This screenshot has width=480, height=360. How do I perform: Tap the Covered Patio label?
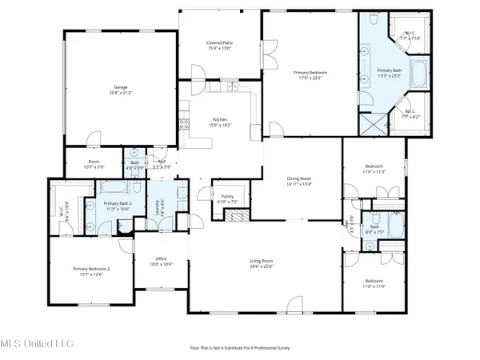coord(220,46)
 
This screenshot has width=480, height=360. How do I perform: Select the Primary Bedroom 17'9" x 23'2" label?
coord(310,74)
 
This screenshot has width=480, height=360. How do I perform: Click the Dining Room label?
coord(299,182)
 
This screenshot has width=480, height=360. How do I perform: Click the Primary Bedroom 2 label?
coord(90,271)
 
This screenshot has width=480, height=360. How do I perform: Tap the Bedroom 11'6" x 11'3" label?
coord(374,169)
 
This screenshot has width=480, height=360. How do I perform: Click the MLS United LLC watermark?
coord(37,343)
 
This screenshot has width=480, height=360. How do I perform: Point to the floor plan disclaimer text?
coord(240,348)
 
